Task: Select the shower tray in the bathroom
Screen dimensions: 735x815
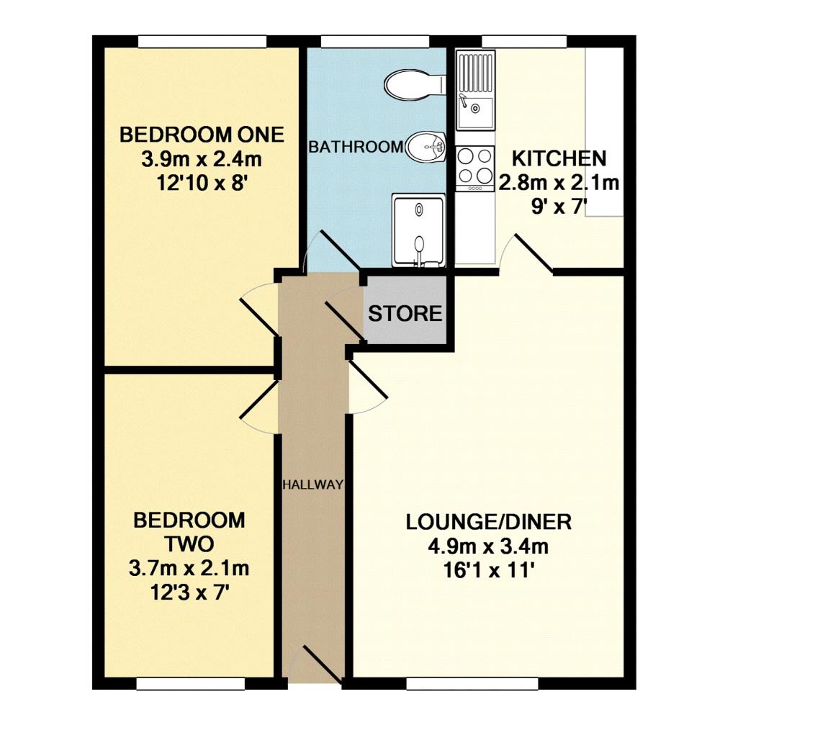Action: (x=418, y=230)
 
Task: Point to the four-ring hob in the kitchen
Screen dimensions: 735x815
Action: (x=474, y=166)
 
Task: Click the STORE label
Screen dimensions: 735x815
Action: (x=405, y=314)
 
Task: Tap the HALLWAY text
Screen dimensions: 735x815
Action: (x=312, y=484)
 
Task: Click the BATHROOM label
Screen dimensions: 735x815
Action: (x=356, y=147)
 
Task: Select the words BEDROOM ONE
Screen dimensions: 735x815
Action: (x=202, y=135)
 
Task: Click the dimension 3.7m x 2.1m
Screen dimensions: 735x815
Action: (x=189, y=569)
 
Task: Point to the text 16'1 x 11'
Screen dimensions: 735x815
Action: (x=488, y=572)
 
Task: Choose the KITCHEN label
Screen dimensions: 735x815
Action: (x=559, y=158)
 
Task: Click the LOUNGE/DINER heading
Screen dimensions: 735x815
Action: (x=488, y=521)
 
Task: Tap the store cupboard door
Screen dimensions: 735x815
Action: (x=343, y=318)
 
